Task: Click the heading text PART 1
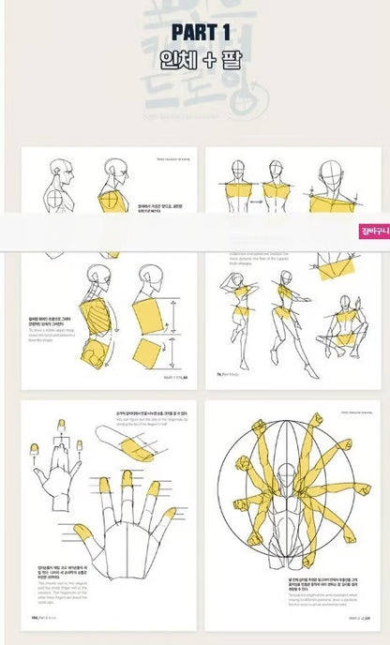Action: pos(195,34)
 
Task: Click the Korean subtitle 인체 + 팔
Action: pos(195,66)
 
